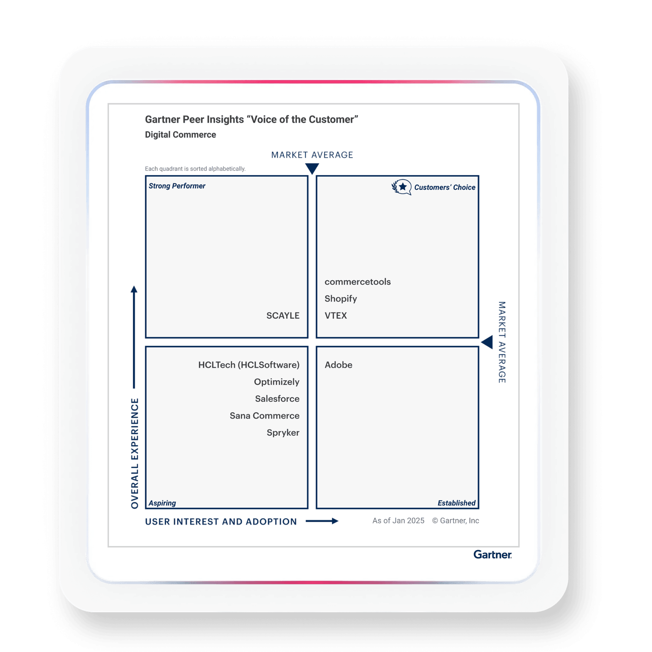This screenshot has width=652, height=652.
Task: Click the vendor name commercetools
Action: [358, 282]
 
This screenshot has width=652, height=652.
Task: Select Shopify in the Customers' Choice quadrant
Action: [341, 299]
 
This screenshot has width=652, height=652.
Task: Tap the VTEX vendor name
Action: [336, 316]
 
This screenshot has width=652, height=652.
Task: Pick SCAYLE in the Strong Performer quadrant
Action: [283, 316]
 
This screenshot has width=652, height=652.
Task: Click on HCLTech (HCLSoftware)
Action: [249, 365]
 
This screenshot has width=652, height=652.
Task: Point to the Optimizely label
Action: [276, 382]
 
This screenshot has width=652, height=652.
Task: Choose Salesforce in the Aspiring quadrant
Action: [277, 399]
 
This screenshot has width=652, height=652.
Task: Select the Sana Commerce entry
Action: [264, 416]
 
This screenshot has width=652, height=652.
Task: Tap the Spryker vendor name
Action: [283, 433]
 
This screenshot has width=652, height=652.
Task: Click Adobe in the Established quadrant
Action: [338, 365]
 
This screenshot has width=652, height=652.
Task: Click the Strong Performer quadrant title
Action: [177, 186]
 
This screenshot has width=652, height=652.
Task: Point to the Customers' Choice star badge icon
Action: [402, 187]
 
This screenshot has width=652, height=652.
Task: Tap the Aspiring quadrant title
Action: [162, 503]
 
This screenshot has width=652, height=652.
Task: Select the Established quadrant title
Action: [456, 503]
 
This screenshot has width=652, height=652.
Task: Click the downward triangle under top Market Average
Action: [312, 168]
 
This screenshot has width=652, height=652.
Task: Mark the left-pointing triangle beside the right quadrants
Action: [487, 342]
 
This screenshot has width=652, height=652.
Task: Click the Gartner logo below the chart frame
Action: [492, 555]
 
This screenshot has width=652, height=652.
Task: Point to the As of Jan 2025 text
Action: [398, 521]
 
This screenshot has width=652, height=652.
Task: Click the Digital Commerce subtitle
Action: [180, 135]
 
